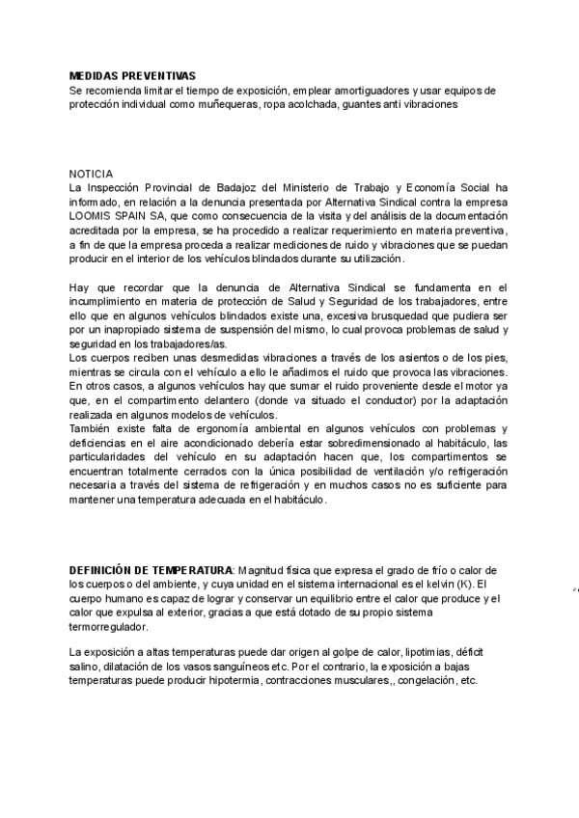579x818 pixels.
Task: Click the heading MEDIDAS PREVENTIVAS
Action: pos(132,75)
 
